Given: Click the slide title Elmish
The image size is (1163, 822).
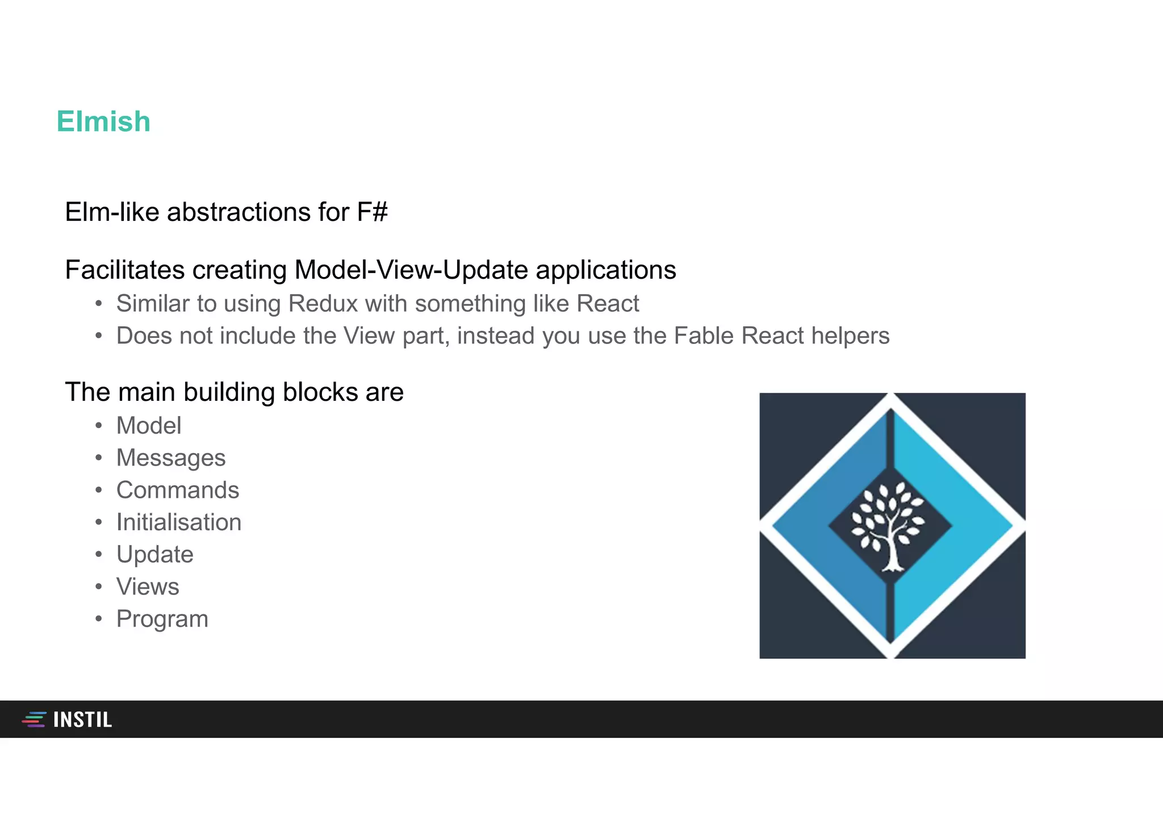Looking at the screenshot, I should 103,121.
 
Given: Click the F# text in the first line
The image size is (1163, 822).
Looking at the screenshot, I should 372,212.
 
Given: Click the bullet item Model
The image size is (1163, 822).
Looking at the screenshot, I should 149,426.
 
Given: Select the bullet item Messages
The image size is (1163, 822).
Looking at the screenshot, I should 171,458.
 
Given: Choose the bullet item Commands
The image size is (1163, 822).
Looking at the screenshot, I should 178,490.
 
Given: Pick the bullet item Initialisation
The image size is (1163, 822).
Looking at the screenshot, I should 179,522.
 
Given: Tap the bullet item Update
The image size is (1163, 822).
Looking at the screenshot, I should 155,555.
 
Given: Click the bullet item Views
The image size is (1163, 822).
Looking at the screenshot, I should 148,587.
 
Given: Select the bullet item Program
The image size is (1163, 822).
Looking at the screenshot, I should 162,619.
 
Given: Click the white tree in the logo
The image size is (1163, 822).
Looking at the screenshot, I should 888,526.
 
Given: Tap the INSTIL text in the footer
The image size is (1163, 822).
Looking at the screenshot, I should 83,720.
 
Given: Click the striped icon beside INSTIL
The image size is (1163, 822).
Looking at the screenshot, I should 34,719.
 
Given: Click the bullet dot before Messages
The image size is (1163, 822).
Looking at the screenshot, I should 99,458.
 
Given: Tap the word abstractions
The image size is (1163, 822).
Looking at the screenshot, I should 239,212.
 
